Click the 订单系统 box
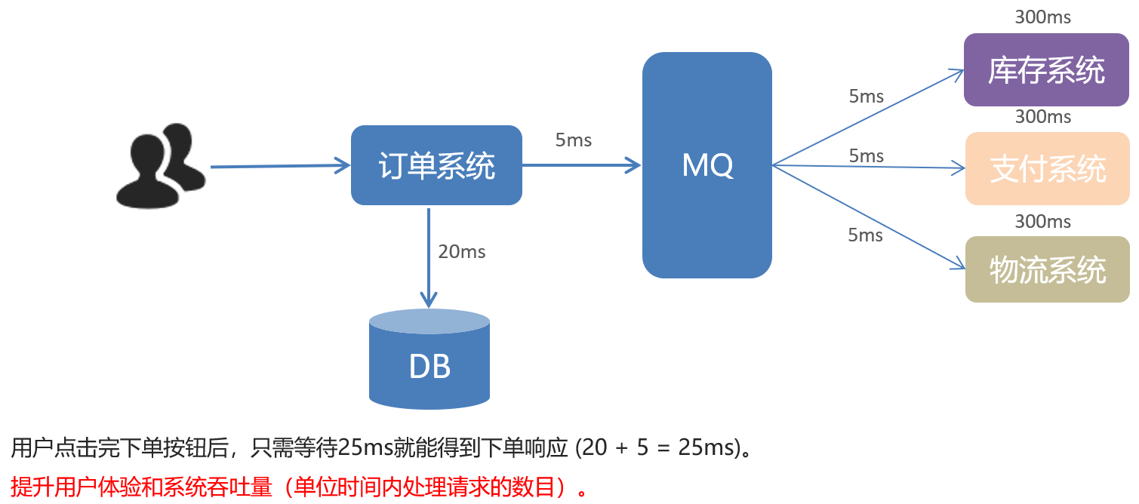[x=436, y=165]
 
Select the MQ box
[x=706, y=165]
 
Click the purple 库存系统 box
[x=1046, y=70]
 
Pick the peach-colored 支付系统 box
[x=1047, y=168]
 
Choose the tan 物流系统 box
[x=1047, y=269]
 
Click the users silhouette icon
[x=160, y=164]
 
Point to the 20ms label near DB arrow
[x=461, y=251]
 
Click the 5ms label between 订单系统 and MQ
[x=574, y=140]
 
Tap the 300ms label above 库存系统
[x=1042, y=17]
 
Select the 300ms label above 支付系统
[x=1042, y=117]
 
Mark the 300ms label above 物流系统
[x=1042, y=221]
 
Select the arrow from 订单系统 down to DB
[x=429, y=257]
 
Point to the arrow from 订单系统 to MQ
[x=581, y=165]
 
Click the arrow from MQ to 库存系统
[x=868, y=118]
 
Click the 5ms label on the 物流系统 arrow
[x=865, y=235]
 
